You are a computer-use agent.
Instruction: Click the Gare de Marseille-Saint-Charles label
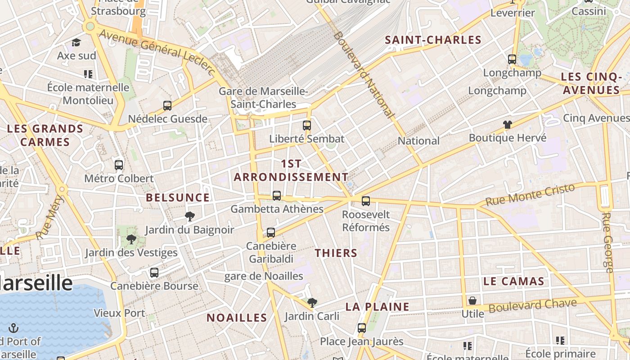(x=263, y=98)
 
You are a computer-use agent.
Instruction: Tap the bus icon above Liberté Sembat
(x=307, y=126)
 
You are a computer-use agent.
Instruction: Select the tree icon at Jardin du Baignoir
(x=190, y=216)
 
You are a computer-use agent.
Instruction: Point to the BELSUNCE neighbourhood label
(x=178, y=198)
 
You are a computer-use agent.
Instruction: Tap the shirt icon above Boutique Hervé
(x=508, y=125)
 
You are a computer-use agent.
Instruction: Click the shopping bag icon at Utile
(x=472, y=301)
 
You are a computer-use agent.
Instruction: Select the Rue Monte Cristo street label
(x=530, y=195)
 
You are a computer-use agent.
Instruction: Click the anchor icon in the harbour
(x=13, y=328)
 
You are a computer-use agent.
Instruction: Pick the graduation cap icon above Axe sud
(x=76, y=43)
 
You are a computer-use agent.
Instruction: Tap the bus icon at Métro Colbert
(x=119, y=165)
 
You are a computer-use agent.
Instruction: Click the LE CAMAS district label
(x=513, y=282)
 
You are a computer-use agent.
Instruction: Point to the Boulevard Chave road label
(x=532, y=306)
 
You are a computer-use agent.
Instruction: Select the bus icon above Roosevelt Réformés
(x=366, y=201)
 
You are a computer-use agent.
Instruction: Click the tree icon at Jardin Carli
(x=312, y=303)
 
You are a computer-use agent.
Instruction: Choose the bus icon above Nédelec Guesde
(x=167, y=106)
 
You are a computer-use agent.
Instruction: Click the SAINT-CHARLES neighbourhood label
(x=433, y=40)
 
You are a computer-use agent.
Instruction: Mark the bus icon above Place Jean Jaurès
(x=362, y=328)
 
